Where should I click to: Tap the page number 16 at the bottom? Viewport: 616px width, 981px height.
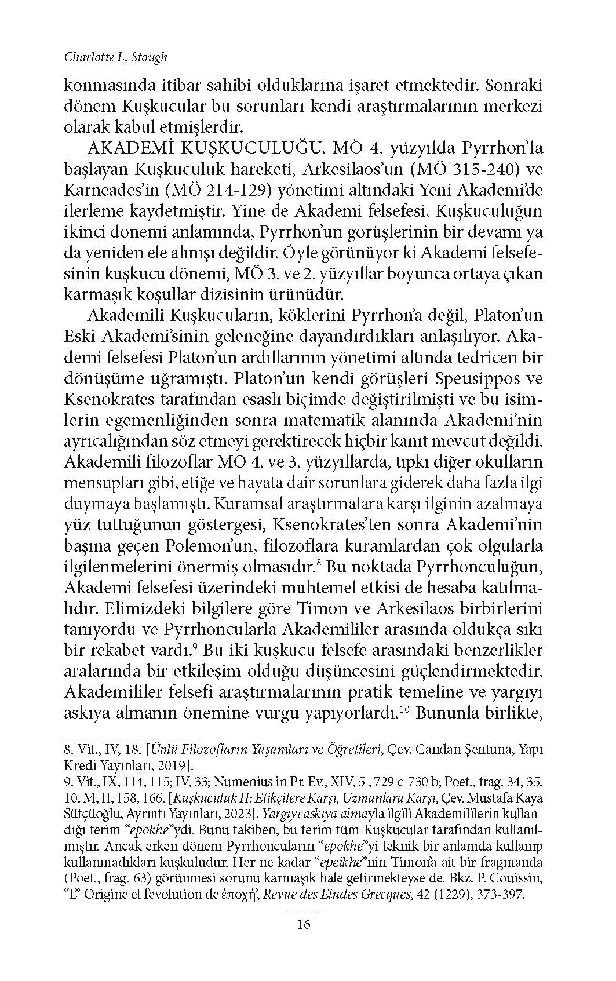304,924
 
